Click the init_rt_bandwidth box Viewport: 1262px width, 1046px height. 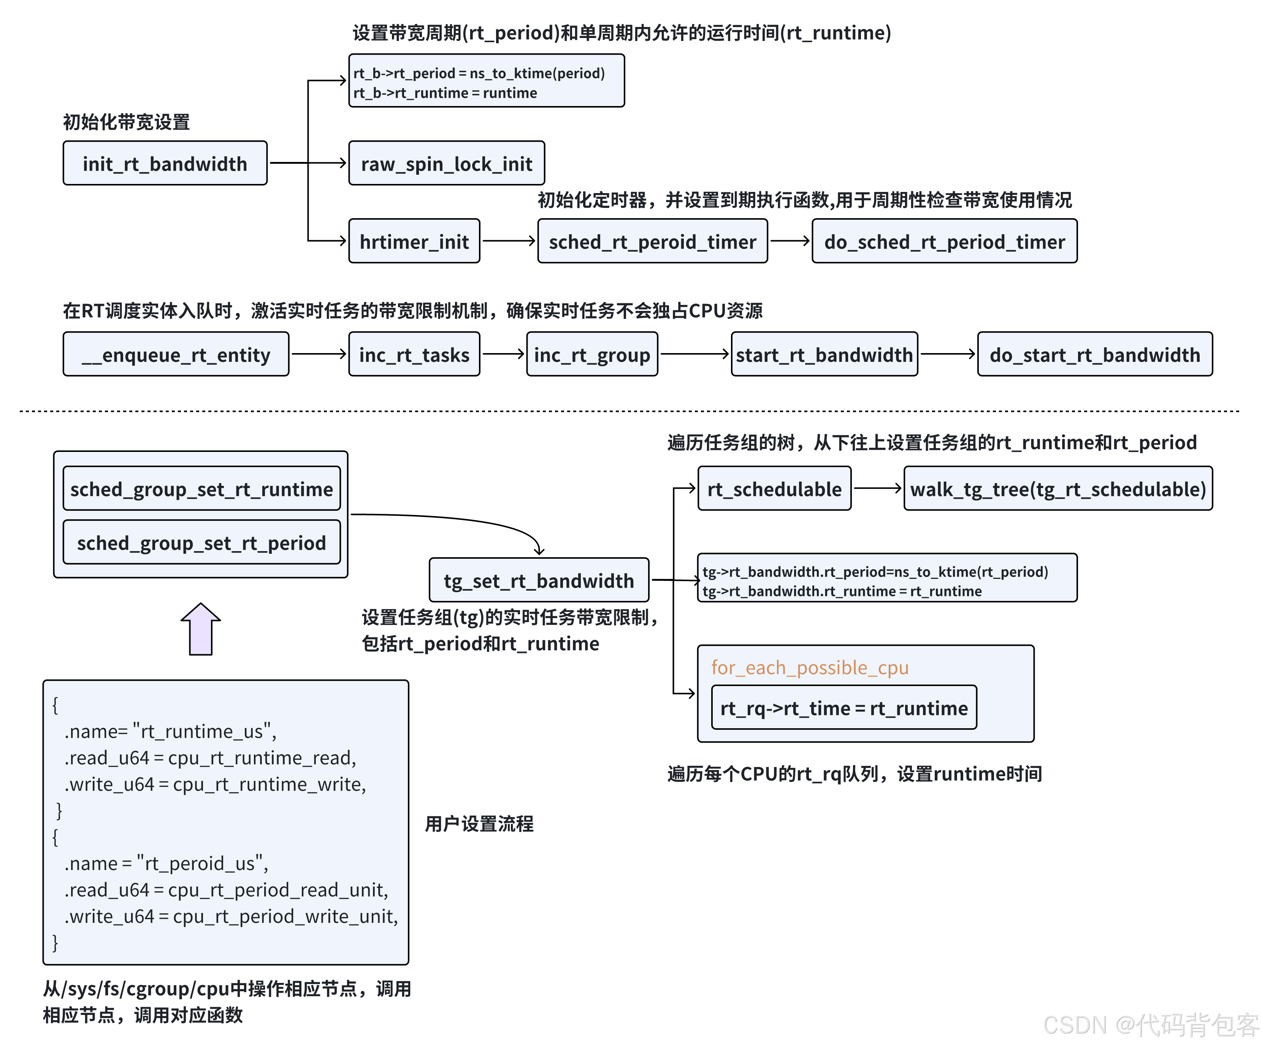click(165, 163)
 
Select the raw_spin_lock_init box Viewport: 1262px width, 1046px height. click(447, 163)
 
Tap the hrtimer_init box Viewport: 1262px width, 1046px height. click(414, 241)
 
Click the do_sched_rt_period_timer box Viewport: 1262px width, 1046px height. click(944, 241)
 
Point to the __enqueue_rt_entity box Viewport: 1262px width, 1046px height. click(176, 355)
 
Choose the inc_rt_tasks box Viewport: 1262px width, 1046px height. click(414, 355)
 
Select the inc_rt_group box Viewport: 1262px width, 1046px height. click(592, 355)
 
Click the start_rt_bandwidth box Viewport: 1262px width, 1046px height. click(824, 355)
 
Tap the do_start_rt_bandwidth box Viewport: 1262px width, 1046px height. click(1094, 355)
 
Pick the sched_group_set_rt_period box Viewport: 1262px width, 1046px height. click(201, 542)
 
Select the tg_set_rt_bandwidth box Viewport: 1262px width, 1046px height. click(539, 580)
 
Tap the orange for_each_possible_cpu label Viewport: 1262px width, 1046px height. click(810, 667)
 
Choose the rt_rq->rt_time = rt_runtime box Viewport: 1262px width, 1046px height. click(844, 708)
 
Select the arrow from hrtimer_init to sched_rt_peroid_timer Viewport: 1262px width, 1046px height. click(508, 241)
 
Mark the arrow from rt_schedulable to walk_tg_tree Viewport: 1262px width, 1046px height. click(877, 488)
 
